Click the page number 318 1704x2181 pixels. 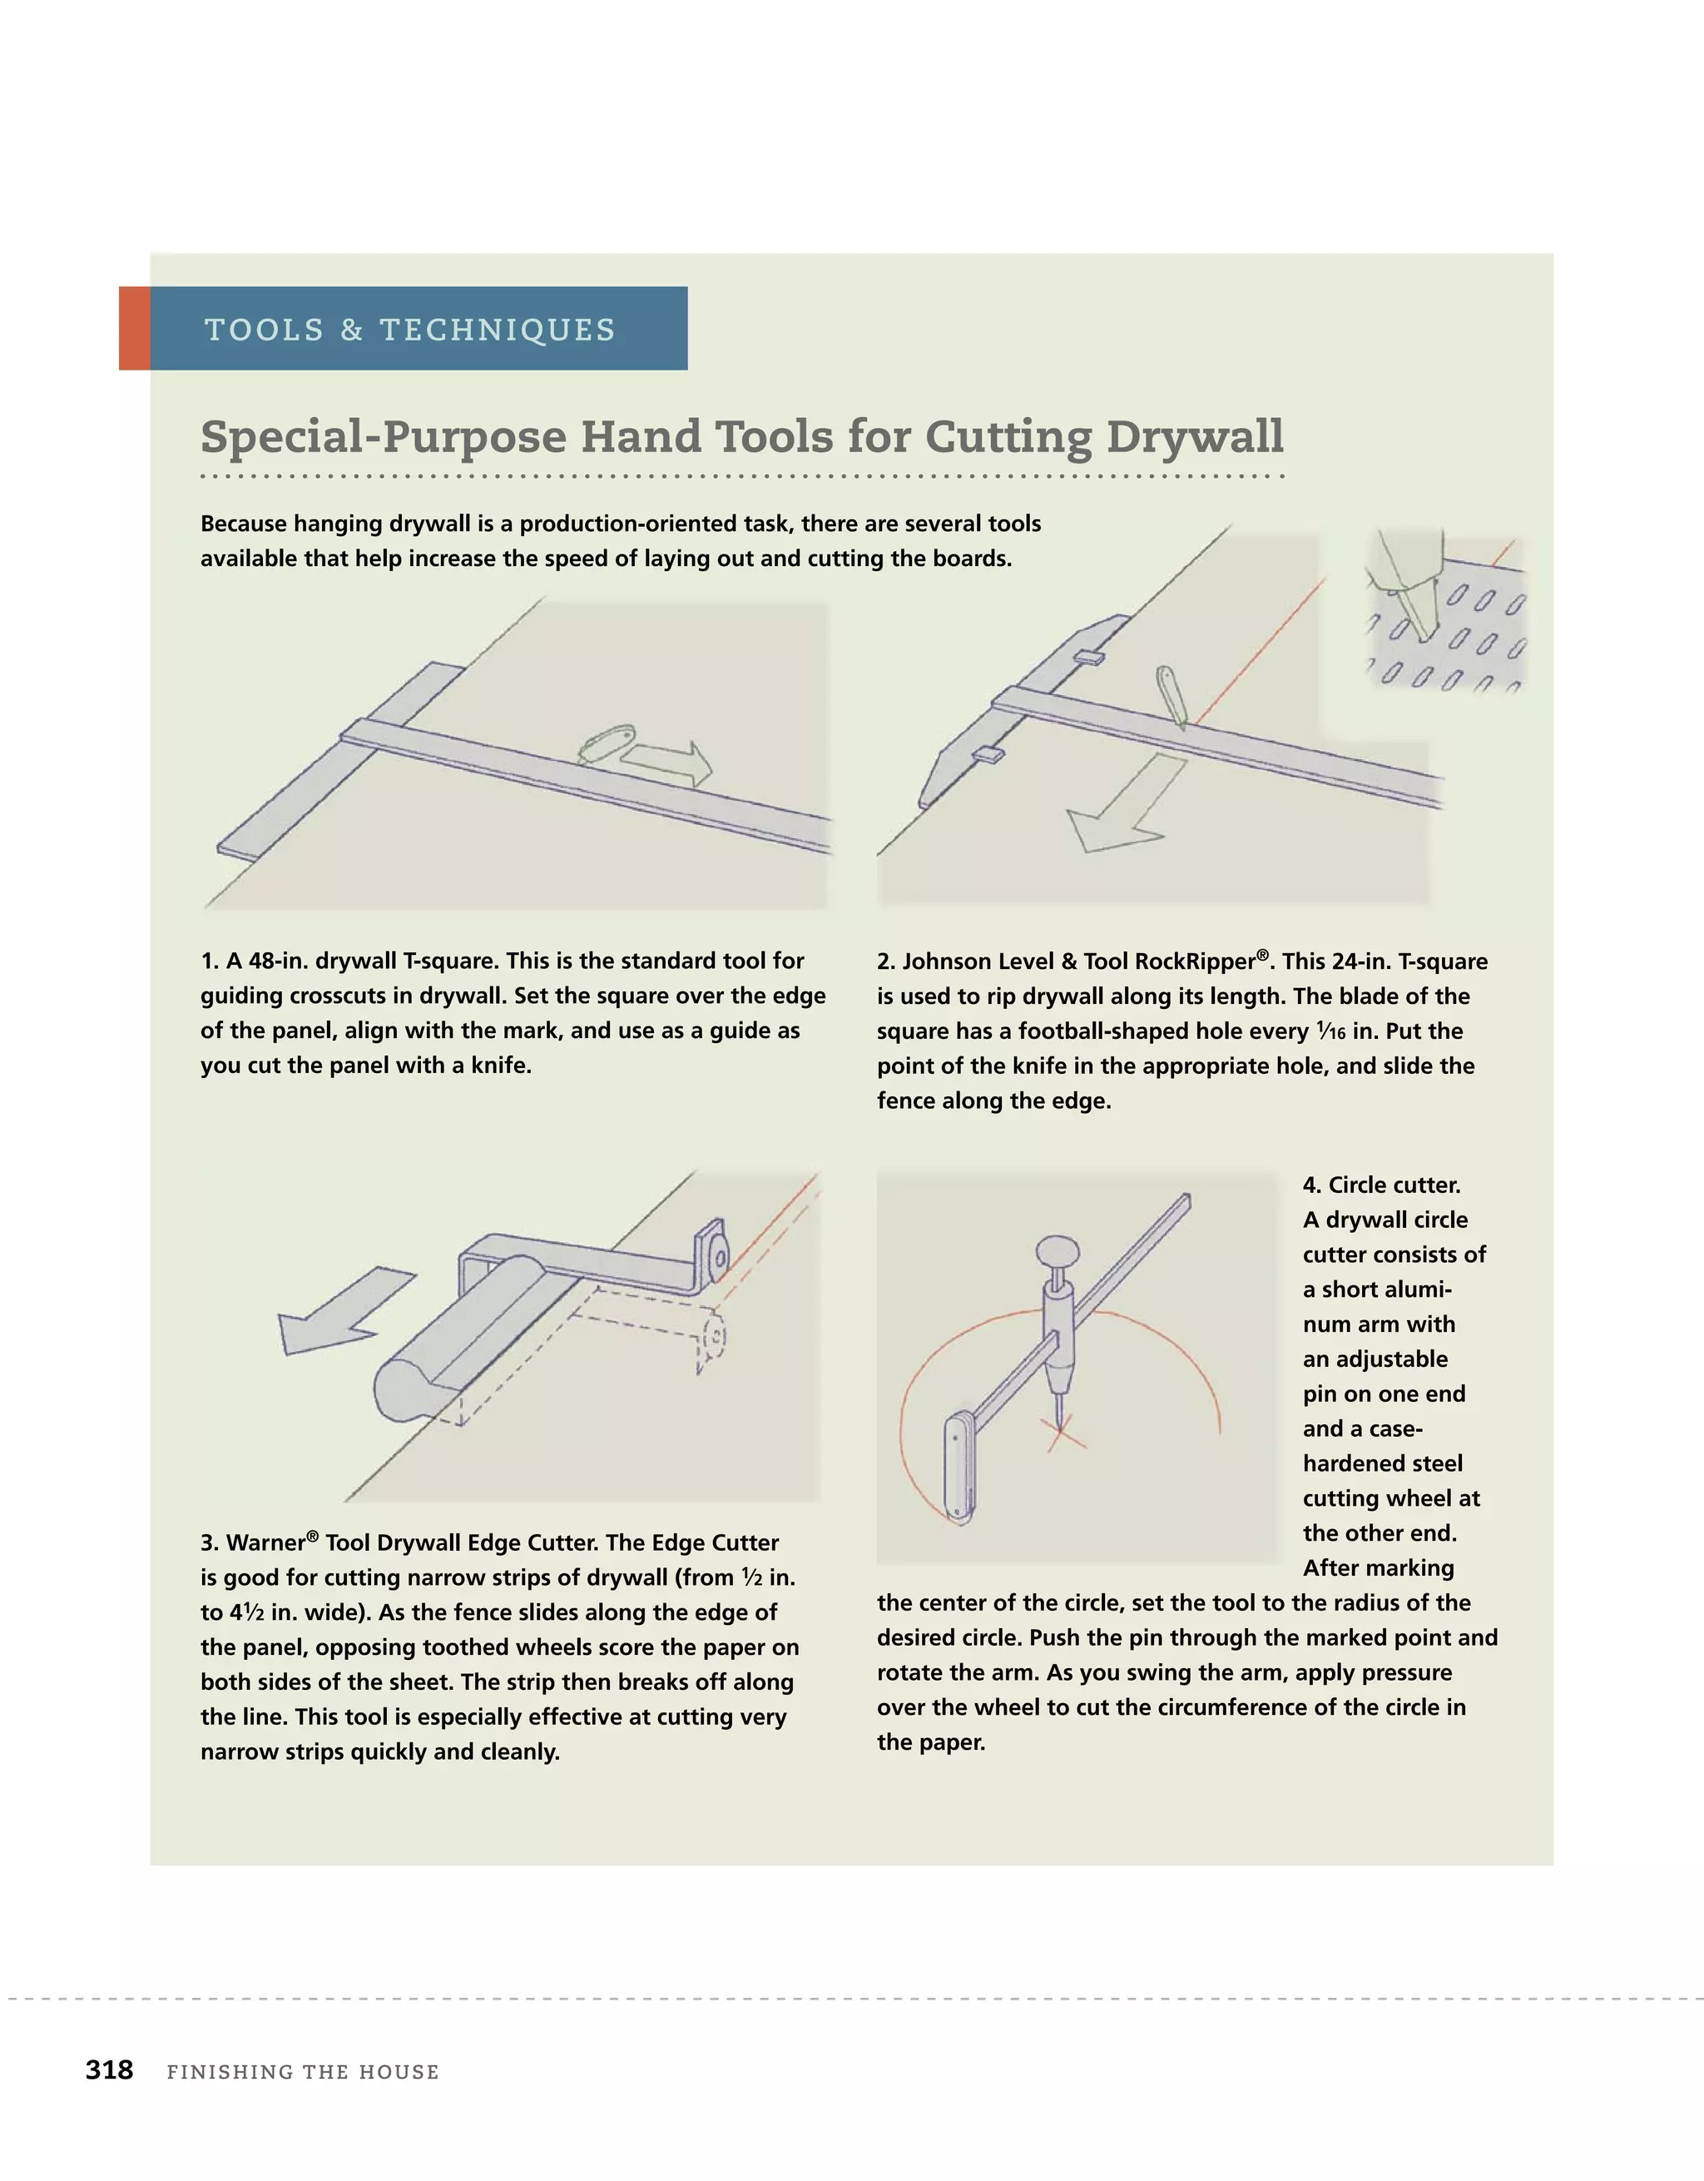click(109, 2069)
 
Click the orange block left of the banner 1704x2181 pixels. click(134, 329)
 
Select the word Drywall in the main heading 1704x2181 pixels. click(1194, 436)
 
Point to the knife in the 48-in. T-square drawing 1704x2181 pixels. click(606, 744)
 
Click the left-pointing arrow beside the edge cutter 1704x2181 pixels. click(338, 1311)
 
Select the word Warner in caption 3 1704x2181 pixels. click(265, 1543)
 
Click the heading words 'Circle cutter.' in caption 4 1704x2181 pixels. click(1380, 1185)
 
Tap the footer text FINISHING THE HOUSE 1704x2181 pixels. click(303, 2071)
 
